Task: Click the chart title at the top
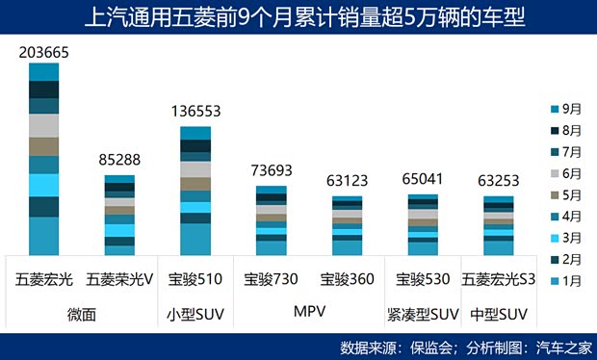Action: point(298,17)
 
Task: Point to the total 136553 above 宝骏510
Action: point(196,111)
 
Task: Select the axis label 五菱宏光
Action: point(44,280)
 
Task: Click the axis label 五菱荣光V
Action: point(120,280)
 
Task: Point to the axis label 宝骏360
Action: point(347,280)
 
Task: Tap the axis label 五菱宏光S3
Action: point(499,280)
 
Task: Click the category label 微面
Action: point(82,314)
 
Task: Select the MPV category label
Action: point(309,313)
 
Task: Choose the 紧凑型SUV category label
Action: point(423,314)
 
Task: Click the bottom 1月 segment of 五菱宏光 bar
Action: point(44,236)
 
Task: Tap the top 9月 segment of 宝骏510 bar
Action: point(196,133)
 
